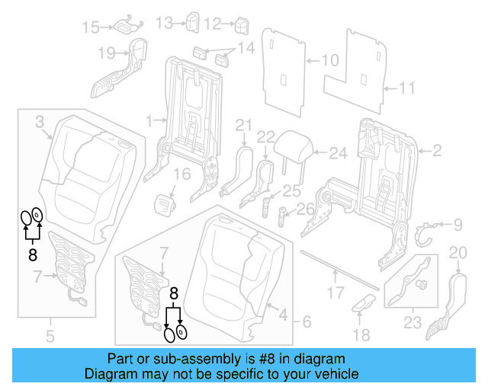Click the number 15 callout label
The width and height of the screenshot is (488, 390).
tap(91, 27)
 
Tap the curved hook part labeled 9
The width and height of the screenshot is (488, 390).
tap(427, 231)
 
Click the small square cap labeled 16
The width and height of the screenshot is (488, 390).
tap(166, 204)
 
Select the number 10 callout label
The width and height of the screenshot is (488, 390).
tap(329, 59)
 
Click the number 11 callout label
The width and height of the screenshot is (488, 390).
tap(407, 89)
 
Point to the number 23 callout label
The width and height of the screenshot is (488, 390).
tap(412, 323)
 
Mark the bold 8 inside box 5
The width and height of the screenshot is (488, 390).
tap(33, 255)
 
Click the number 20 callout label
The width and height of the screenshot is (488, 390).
tap(457, 252)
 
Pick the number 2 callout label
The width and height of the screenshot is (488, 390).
tap(437, 152)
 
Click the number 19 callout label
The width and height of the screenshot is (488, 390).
tap(106, 53)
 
